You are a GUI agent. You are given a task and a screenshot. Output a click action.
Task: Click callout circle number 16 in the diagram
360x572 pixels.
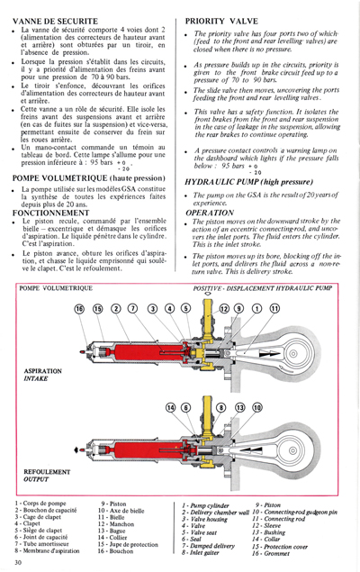pyautogui.click(x=80, y=334)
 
